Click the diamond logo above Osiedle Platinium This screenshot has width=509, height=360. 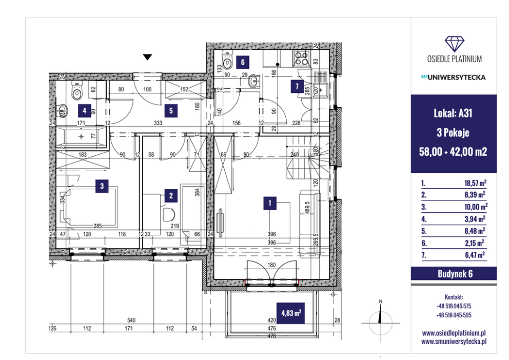tap(455, 44)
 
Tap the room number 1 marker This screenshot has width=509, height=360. tap(270, 204)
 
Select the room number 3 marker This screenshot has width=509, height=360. tap(102, 186)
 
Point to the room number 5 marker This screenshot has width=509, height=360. tap(171, 111)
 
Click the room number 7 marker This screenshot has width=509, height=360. tap(297, 87)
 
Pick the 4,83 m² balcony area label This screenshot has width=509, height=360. tap(291, 313)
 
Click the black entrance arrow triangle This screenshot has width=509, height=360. tap(148, 57)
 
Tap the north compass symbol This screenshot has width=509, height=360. tap(381, 322)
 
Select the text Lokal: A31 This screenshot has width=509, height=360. tap(453, 113)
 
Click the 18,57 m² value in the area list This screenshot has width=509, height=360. tap(475, 183)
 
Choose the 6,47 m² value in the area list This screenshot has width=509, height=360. tap(475, 255)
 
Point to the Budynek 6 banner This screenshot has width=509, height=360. tap(454, 274)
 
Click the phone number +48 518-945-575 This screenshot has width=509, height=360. tap(454, 306)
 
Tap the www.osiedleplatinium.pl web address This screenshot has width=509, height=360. tap(454, 333)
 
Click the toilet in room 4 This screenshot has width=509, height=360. tap(77, 90)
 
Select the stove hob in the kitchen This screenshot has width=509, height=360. tap(302, 58)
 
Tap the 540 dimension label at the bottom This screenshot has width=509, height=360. tap(131, 321)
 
